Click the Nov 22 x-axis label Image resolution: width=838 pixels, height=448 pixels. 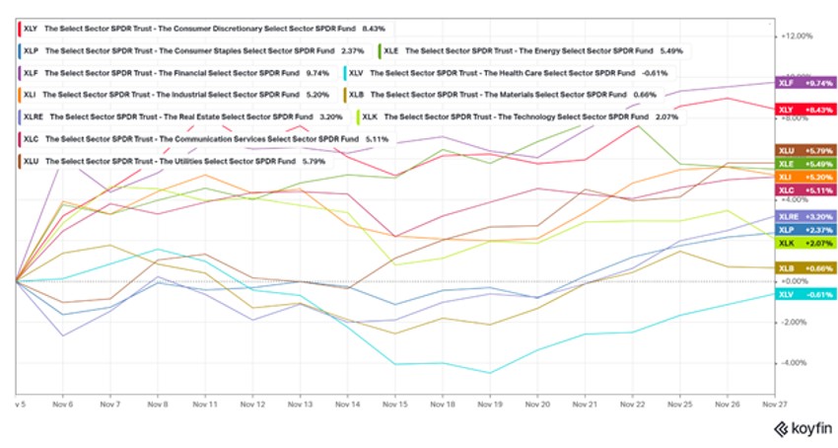[634, 404]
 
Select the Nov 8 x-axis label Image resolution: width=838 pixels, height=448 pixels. [158, 404]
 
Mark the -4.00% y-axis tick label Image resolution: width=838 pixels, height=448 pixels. [795, 363]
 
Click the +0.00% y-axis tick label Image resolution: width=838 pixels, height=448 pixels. [795, 281]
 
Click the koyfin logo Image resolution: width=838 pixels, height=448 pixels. [801, 428]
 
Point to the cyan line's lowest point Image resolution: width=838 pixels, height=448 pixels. [490, 373]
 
